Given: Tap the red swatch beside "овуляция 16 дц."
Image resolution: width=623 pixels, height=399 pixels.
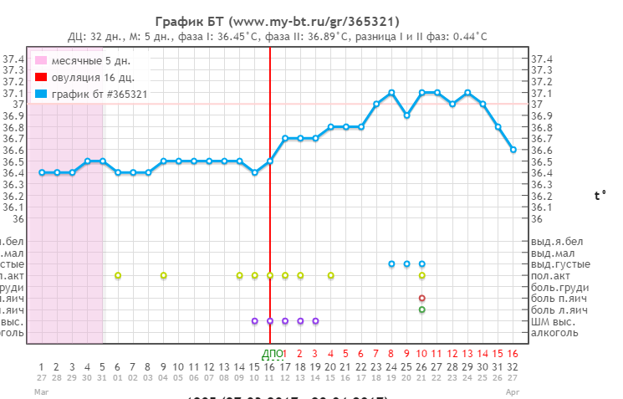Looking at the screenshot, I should click(40, 78).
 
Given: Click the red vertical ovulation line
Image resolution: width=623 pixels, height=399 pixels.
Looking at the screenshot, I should click(270, 209).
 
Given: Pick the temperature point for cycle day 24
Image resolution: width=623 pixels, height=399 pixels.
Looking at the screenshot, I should click(391, 92).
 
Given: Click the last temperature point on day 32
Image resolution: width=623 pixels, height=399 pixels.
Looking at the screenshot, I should click(513, 150).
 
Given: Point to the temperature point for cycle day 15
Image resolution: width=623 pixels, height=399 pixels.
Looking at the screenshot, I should click(255, 172).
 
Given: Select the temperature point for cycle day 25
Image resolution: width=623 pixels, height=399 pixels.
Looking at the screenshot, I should click(406, 115).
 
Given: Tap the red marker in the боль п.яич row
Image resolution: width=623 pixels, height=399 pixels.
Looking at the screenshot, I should click(422, 298).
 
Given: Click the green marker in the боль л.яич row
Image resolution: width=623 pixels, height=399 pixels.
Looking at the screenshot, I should click(422, 309).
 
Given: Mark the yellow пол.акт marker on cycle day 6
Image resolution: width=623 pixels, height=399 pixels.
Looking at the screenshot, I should click(118, 275).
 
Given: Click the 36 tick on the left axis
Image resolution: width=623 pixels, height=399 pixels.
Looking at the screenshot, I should click(18, 218).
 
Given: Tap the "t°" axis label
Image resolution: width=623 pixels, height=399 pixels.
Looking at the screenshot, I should click(600, 196).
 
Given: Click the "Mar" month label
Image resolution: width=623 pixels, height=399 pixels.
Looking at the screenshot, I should click(41, 391).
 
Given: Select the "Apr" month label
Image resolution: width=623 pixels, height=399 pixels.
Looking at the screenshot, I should click(513, 391).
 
